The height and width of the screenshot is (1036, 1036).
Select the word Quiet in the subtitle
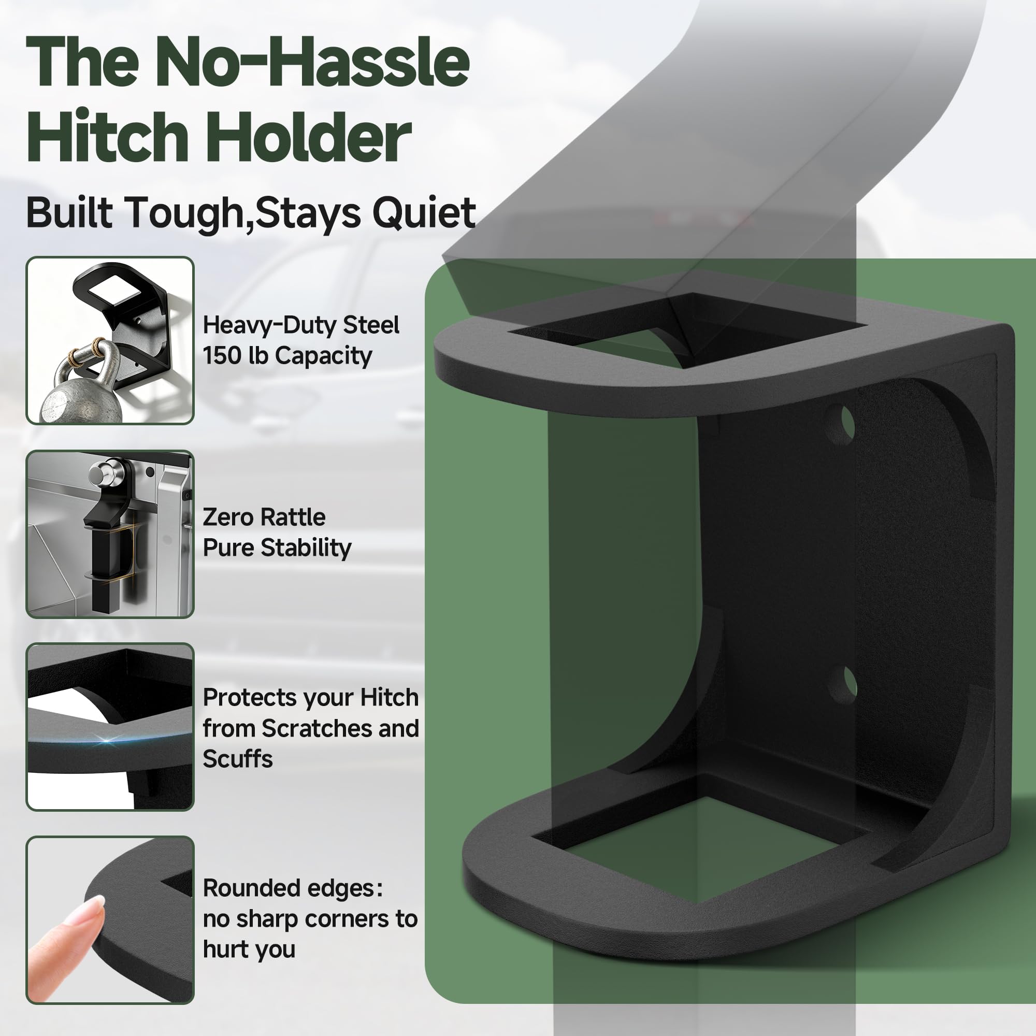(x=424, y=213)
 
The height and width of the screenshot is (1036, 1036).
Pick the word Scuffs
(x=238, y=759)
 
